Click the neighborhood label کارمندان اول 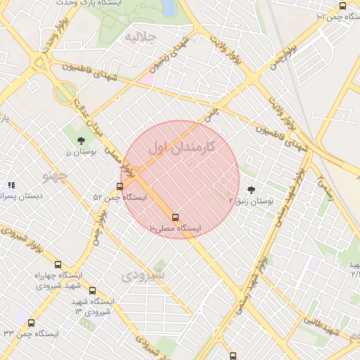[x=181, y=148]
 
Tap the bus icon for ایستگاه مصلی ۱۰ [x=175, y=217]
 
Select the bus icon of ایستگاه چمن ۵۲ [x=120, y=187]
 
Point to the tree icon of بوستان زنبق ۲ [x=251, y=190]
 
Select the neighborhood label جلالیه [x=139, y=36]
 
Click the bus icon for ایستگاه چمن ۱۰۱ [x=342, y=6]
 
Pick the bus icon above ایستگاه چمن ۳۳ [x=31, y=323]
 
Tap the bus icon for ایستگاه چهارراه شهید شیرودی [x=58, y=264]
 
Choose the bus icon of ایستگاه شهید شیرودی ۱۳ [x=92, y=290]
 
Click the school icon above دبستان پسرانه [x=11, y=185]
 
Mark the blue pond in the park [x=169, y=6]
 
